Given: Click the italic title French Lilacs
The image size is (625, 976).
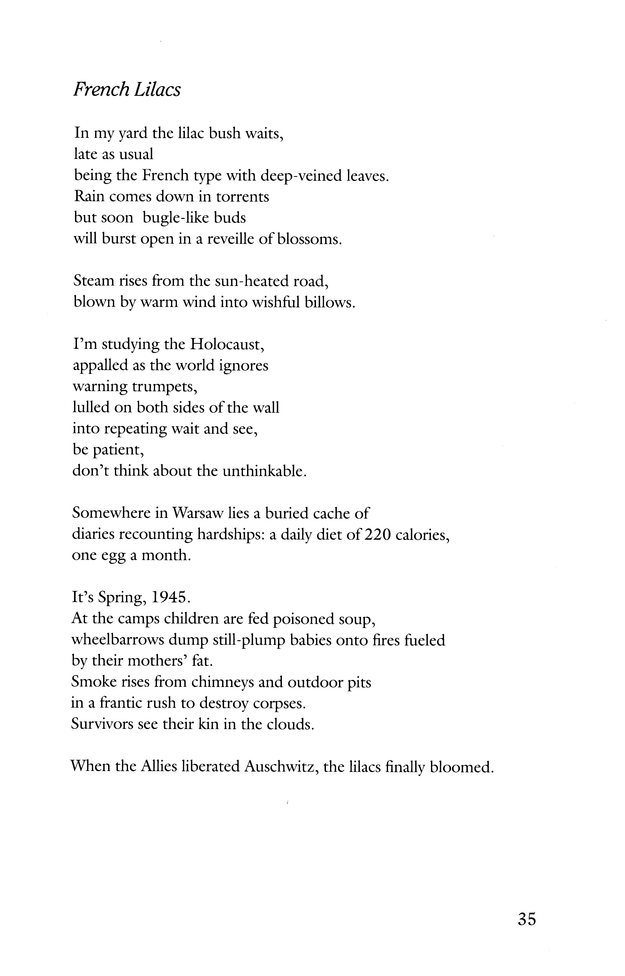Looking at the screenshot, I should coord(127,90).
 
